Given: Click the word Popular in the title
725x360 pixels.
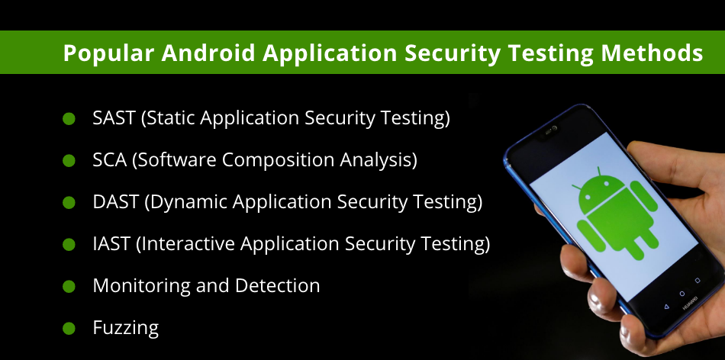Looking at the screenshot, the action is (x=108, y=53).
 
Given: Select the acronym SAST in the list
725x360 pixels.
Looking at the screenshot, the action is (x=114, y=118).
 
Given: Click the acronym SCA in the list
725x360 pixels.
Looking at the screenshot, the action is (x=110, y=160).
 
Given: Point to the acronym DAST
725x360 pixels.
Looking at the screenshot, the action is (x=115, y=202).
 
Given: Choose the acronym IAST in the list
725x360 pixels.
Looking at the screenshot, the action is (x=111, y=243).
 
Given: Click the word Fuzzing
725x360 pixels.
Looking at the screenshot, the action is (x=126, y=328).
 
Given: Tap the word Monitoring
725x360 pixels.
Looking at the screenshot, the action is (x=141, y=286).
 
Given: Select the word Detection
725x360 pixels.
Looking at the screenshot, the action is (x=278, y=285).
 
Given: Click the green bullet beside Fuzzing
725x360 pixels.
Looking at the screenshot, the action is (x=69, y=329).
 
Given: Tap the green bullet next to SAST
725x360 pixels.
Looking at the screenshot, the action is (x=69, y=119).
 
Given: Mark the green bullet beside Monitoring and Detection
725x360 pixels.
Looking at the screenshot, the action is (x=69, y=287).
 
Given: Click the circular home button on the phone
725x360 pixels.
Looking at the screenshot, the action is (x=681, y=294).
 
